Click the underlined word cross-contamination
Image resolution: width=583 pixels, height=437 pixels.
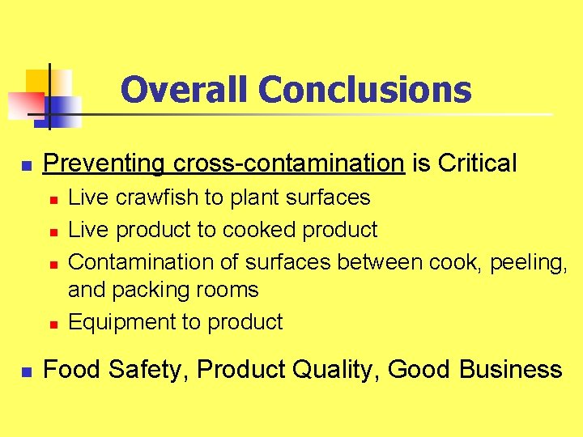tap(288, 163)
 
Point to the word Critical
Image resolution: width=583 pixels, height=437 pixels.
tap(477, 163)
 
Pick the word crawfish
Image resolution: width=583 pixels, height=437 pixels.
tap(152, 197)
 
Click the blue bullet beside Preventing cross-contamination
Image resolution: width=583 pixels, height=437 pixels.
tap(26, 165)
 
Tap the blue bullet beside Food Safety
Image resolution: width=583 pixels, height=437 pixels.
tap(26, 371)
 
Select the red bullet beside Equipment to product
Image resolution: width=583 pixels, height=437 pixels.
tap(51, 324)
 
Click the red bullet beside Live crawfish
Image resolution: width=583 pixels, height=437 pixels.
tap(51, 199)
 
